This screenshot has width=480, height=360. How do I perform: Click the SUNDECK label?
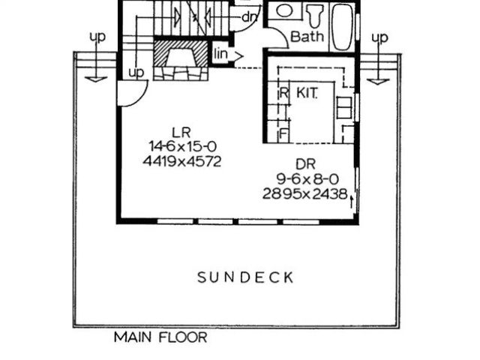point(245,277)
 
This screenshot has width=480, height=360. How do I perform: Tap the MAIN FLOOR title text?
point(160,337)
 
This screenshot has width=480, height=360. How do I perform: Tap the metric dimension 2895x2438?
point(304,193)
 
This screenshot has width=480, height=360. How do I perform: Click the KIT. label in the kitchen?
point(307,93)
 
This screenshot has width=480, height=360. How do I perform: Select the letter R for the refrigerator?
point(284,94)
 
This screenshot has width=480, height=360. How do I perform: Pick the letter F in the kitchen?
point(283,135)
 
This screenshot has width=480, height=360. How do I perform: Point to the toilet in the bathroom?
point(313,15)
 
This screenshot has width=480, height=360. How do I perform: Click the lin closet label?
point(221,54)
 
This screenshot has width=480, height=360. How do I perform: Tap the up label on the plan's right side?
point(380,37)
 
